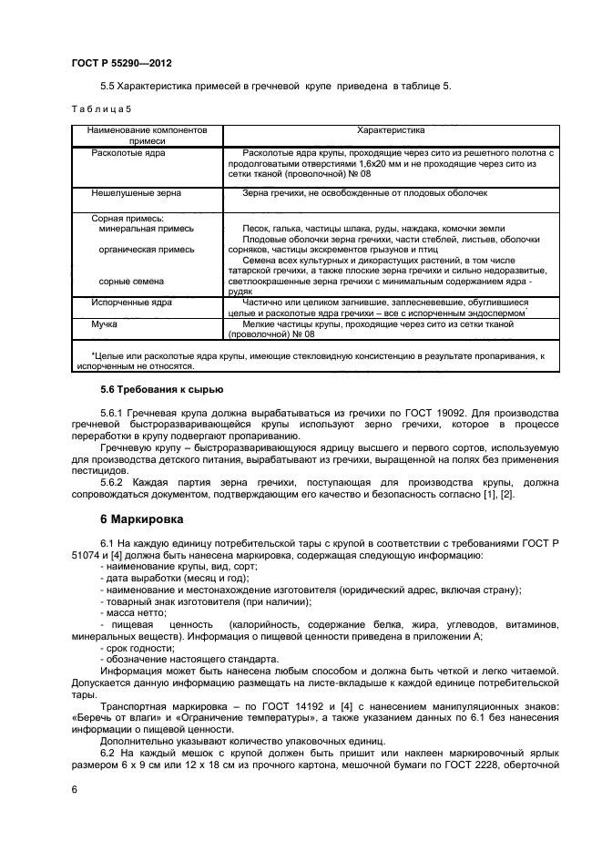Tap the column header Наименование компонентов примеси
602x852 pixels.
tap(148, 136)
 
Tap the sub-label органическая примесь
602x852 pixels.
tap(146, 249)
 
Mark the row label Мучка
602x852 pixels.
tap(105, 323)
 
